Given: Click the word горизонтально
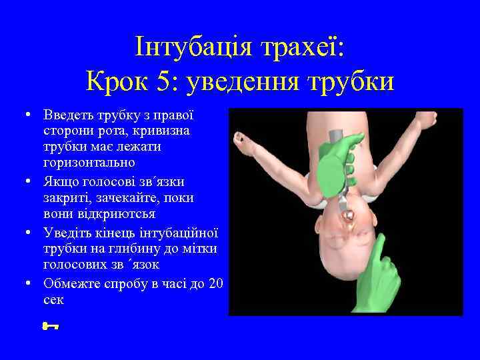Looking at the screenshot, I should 89,163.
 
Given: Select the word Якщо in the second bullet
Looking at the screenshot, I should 59,181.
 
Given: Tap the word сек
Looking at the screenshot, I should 53,300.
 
